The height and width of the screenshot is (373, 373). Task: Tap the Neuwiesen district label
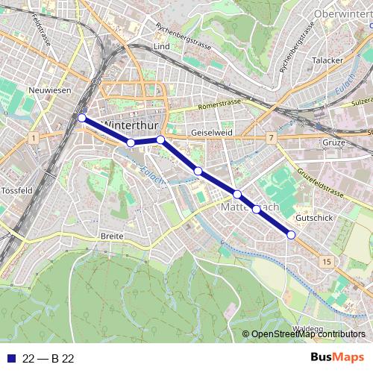pos(48,90)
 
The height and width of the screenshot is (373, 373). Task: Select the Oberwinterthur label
pos(342,13)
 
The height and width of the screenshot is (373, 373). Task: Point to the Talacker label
pos(326,60)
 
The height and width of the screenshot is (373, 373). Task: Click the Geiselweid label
pos(212,131)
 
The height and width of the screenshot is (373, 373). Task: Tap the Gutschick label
pos(313,217)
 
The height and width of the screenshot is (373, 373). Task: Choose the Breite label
pos(111,236)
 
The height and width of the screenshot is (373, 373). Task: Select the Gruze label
pos(332,142)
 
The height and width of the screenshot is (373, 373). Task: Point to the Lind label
pos(161,46)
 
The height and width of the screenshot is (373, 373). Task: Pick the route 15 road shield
pos(327,261)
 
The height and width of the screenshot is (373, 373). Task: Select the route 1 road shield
pos(34,138)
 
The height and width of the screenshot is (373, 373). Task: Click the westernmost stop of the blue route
pos(81,117)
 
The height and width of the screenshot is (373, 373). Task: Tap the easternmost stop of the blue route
pos(291,235)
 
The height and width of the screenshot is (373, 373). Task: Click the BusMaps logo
pos(337,358)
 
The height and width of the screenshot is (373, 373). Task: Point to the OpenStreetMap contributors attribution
pos(307,334)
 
